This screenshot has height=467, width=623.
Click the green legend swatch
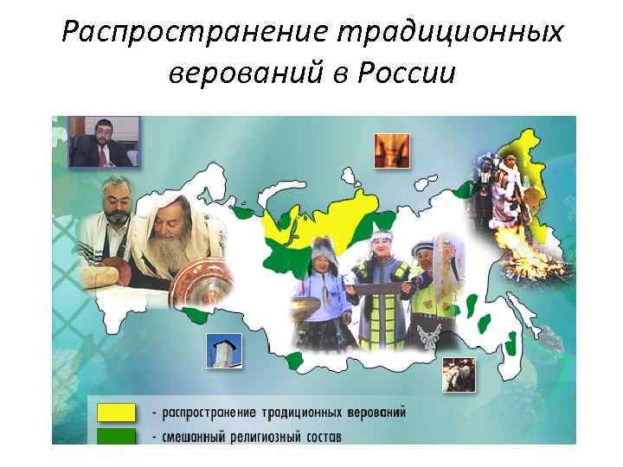click(x=115, y=435)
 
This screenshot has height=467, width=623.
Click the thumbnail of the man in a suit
click(x=103, y=141)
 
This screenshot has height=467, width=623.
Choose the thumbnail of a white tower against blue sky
click(x=223, y=351)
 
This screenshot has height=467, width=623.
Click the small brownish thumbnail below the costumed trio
click(x=458, y=373)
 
